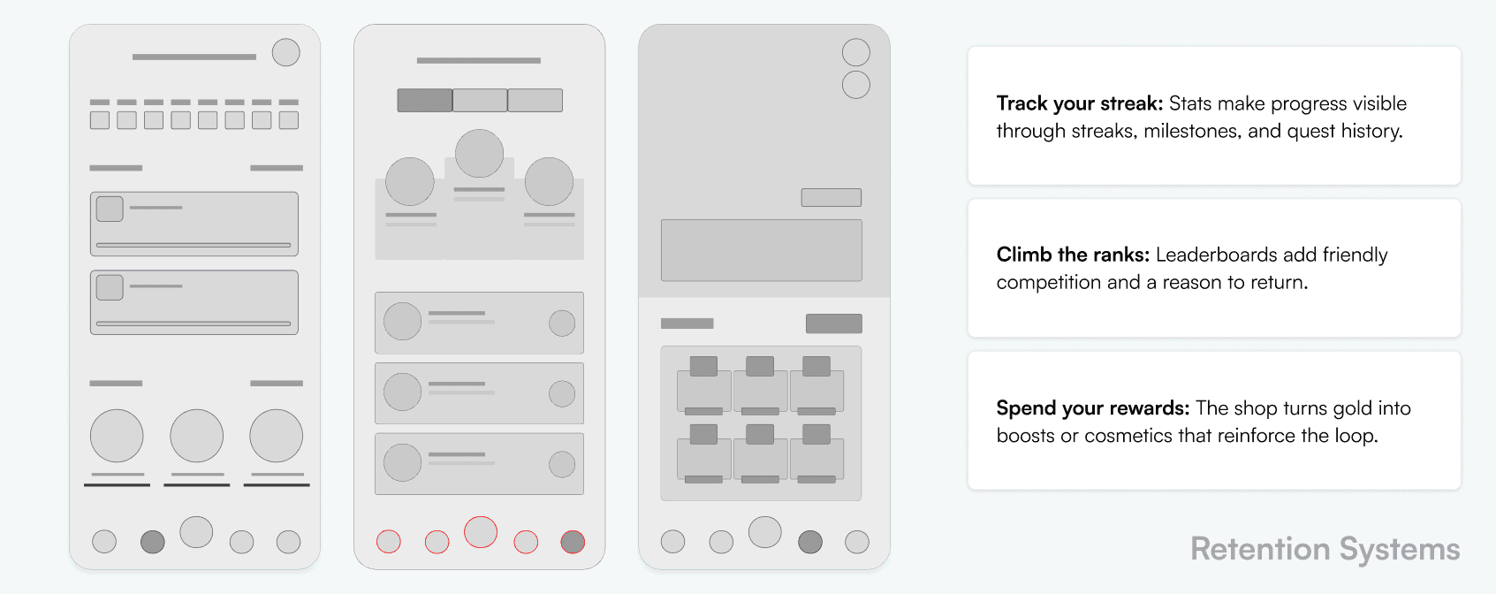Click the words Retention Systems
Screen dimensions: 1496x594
[x=1325, y=549]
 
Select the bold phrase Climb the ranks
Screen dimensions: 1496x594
[x=1073, y=255]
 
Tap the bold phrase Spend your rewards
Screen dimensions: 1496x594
[x=1092, y=408]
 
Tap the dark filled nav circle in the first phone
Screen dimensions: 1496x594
[x=152, y=541]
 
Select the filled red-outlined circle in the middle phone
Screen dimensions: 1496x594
[x=573, y=541]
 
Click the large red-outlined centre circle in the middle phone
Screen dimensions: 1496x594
[x=481, y=532]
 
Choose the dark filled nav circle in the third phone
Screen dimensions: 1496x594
[x=810, y=541]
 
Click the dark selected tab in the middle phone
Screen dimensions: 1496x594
[x=425, y=100]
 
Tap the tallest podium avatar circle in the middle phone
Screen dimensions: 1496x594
[x=480, y=154]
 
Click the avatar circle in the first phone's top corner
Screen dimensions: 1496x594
[x=285, y=52]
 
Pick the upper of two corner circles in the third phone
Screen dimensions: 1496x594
[x=856, y=52]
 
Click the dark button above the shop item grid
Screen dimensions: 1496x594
[x=834, y=324]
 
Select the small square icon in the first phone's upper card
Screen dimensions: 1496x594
[x=110, y=209]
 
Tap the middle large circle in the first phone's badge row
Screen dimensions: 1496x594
[x=196, y=436]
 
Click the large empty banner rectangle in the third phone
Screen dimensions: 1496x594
[x=762, y=250]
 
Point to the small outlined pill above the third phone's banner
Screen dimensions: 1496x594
[x=832, y=197]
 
